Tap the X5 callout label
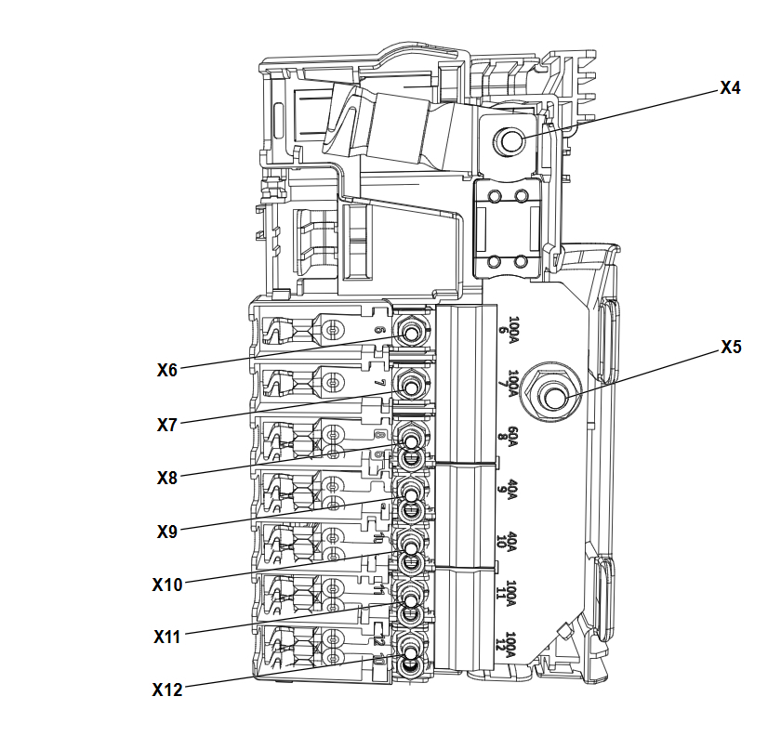coord(731,348)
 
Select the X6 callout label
coord(167,369)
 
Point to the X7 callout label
coord(167,425)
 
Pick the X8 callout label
coord(167,478)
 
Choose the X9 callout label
coord(167,532)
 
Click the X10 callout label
coord(167,585)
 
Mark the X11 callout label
coord(167,637)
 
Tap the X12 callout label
coord(167,690)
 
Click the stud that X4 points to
coord(510,141)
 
